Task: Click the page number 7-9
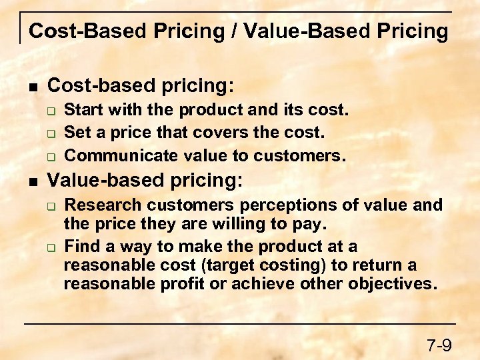(x=439, y=345)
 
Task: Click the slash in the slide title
(x=236, y=31)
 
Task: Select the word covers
(x=217, y=133)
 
